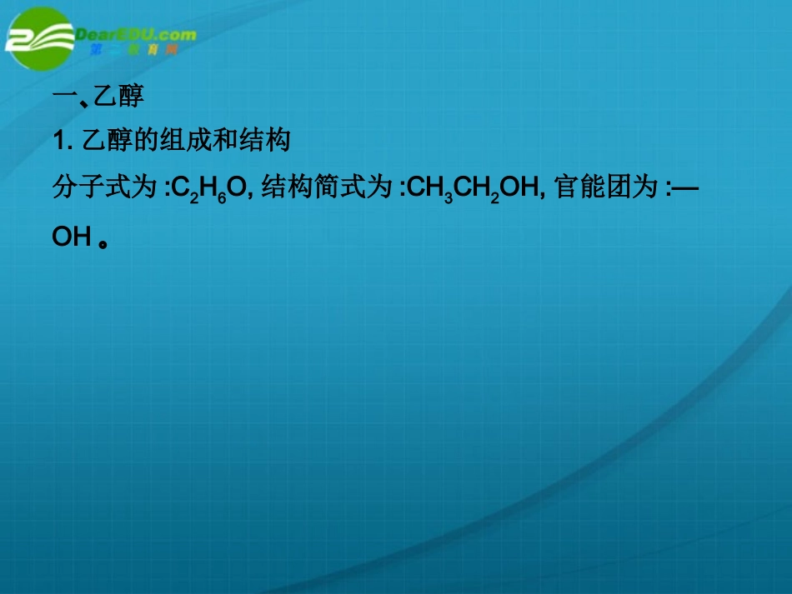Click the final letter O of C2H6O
237,190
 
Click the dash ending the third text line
684,190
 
